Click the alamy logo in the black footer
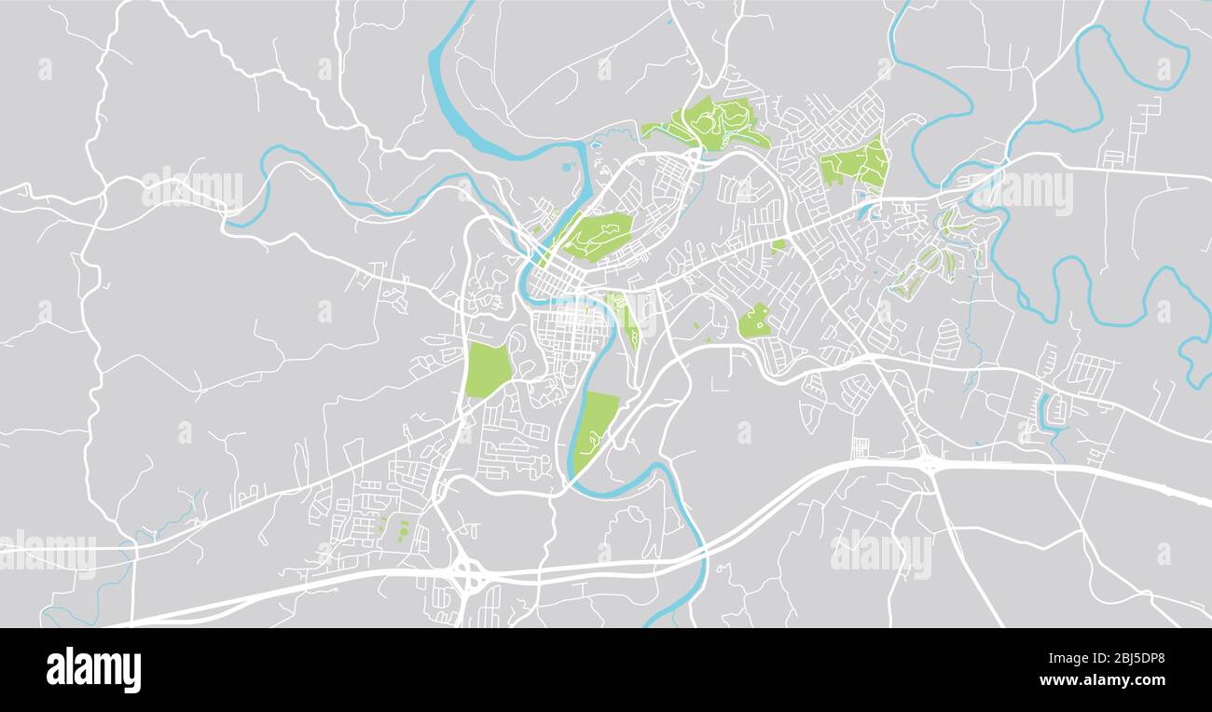point(93,670)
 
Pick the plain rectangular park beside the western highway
point(487,369)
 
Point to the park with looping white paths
point(718,123)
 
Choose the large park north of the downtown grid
point(599,235)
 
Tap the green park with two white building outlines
point(754,322)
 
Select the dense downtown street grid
point(571,335)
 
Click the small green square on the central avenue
point(778,245)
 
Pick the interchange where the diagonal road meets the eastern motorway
point(927,460)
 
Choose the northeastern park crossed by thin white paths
point(856,164)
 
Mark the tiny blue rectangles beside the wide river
point(567,168)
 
